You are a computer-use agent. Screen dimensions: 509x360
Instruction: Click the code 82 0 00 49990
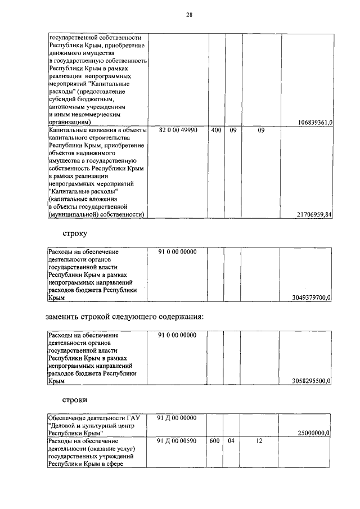[x=177, y=130]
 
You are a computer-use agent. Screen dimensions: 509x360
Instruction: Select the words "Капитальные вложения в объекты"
[x=97, y=130]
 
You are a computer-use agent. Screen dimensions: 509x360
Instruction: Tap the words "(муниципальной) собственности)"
[x=97, y=214]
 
